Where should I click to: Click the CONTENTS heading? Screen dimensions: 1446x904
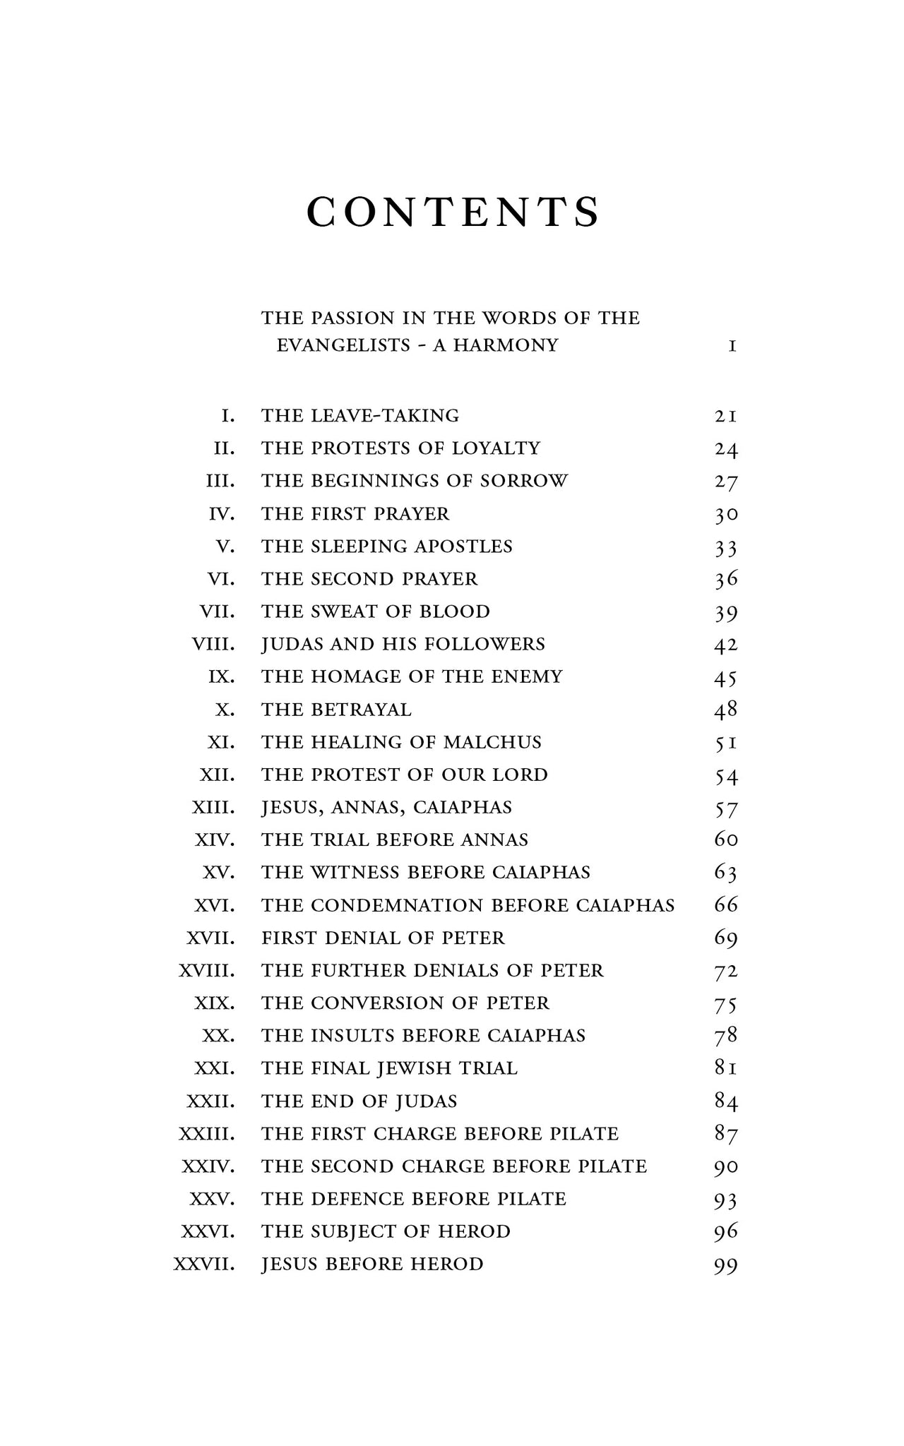coord(453,212)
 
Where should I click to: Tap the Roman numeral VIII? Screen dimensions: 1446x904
coord(213,644)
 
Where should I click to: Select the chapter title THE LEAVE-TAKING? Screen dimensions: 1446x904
coord(360,415)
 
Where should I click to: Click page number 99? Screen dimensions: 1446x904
coord(726,1265)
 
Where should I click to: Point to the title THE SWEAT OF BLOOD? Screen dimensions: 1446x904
coord(375,611)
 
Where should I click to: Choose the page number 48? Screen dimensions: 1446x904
coord(726,710)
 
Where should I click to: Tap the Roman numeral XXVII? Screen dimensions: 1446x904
coord(204,1264)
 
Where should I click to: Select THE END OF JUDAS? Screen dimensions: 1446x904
coord(359,1101)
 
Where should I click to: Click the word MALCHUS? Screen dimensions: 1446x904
coord(492,742)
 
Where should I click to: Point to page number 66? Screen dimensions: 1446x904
coord(726,905)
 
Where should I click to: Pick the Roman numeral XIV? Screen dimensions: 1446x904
coord(215,840)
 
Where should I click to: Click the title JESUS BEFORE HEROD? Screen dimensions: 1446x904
coord(372,1264)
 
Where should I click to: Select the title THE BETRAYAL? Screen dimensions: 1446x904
coord(336,710)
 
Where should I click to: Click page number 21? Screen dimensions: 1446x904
coord(726,416)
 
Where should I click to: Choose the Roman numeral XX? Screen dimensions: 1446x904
coord(219,1036)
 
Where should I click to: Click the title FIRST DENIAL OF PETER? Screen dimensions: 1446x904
coord(383,938)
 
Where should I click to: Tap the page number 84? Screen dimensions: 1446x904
coord(726,1101)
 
